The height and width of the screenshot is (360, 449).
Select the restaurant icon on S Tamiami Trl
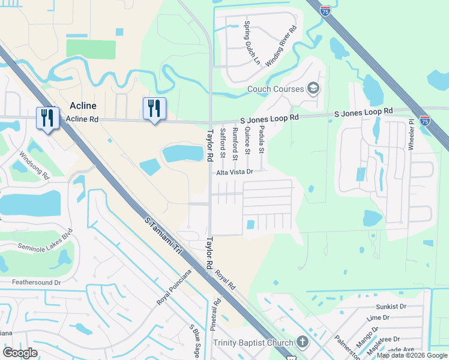(x=47, y=118)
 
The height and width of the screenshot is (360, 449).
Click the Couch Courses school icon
(x=313, y=89)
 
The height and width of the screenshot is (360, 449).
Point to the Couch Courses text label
(x=276, y=90)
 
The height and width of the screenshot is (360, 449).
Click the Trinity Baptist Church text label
(x=253, y=343)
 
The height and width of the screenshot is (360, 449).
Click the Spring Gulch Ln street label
(x=250, y=43)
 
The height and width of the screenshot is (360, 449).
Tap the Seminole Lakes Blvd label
(x=37, y=244)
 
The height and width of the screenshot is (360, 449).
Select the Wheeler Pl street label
(x=412, y=135)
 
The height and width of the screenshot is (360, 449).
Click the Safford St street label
(x=222, y=143)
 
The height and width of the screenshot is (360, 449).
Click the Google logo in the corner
(x=20, y=353)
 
